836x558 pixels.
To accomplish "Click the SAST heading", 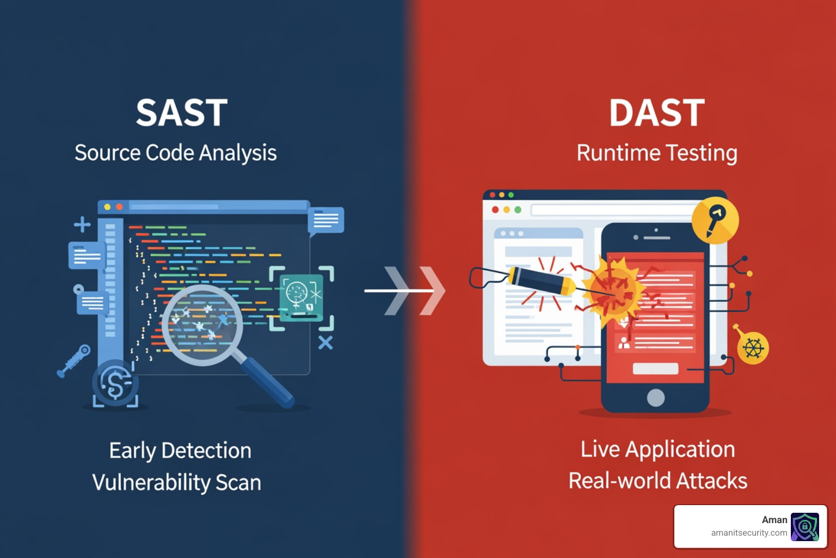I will [x=182, y=113].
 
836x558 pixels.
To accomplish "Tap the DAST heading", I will [x=657, y=113].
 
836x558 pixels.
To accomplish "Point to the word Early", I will [x=133, y=451].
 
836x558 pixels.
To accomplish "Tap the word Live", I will [x=600, y=450].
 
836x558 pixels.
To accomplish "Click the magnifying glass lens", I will [x=202, y=325].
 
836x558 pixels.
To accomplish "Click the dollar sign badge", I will [x=115, y=383].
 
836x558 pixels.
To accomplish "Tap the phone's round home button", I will [x=655, y=398].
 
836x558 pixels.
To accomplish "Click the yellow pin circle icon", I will [x=715, y=221].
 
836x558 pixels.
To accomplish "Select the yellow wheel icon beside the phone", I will [x=753, y=348].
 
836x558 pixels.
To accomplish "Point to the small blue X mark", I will [x=325, y=343].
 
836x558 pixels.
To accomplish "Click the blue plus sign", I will [x=82, y=224].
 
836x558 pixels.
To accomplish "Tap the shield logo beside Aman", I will [x=804, y=526].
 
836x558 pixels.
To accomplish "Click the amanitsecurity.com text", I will [x=749, y=533].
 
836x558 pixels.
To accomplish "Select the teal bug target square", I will [x=301, y=298].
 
